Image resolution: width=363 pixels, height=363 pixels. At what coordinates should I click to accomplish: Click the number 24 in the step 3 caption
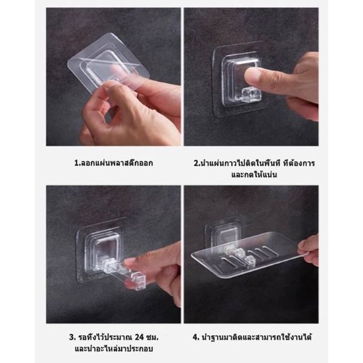(x=140, y=337)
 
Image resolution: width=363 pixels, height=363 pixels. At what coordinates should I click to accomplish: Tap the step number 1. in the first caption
(x=77, y=163)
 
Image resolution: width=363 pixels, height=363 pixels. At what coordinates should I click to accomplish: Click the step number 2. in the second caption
(x=197, y=163)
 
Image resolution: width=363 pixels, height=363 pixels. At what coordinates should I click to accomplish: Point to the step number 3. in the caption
(x=73, y=337)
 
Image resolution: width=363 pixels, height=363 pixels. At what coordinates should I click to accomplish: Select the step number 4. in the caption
(x=196, y=337)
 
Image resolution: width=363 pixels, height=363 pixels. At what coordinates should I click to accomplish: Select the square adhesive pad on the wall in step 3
(x=102, y=250)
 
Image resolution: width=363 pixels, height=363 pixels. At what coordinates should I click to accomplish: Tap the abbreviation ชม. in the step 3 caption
(x=153, y=337)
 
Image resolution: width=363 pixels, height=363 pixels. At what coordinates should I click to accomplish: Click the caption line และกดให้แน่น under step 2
(x=254, y=174)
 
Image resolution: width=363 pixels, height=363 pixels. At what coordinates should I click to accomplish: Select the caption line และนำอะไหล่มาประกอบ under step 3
(x=114, y=349)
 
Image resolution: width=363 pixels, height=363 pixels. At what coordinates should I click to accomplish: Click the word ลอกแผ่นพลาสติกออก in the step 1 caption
(x=116, y=163)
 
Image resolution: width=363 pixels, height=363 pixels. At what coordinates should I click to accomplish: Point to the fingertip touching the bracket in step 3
(x=130, y=262)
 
